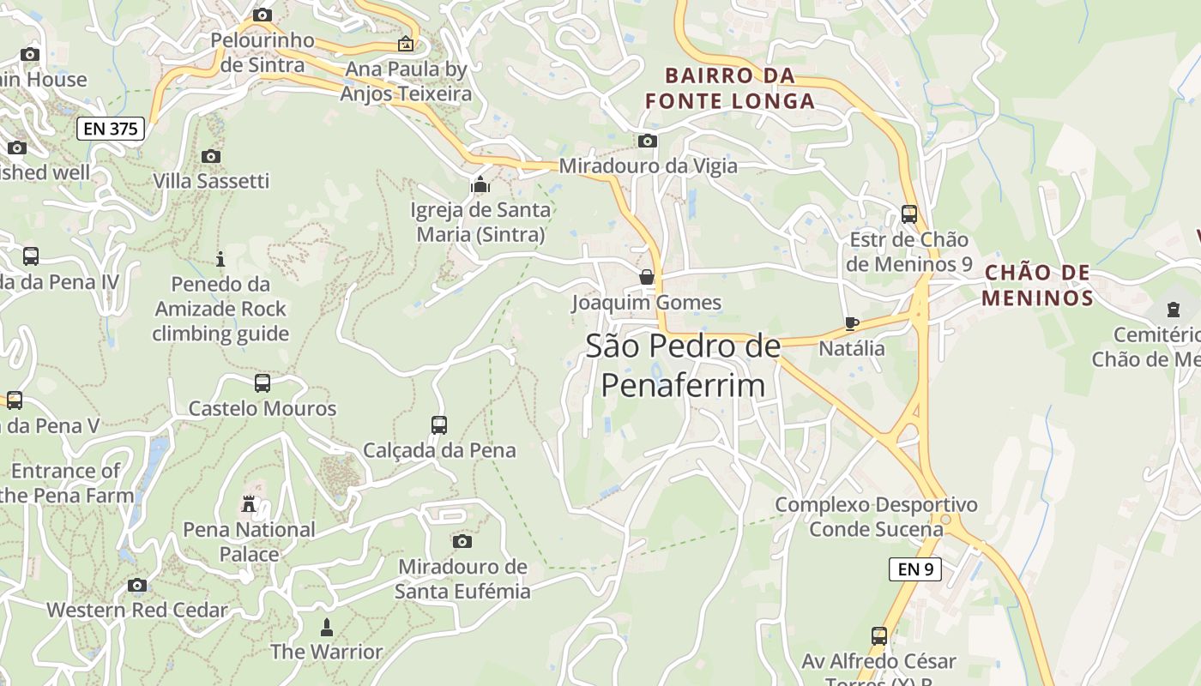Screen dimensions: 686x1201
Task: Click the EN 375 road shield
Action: (x=111, y=129)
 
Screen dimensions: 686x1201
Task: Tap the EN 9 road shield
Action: (x=915, y=569)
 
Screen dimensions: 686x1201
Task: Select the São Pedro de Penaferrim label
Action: (x=683, y=365)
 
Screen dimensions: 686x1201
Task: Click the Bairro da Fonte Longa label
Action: (x=730, y=88)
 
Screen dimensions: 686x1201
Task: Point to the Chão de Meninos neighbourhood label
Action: (x=1038, y=286)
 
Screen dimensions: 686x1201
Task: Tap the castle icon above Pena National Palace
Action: (x=249, y=504)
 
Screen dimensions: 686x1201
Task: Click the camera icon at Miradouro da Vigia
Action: (x=648, y=141)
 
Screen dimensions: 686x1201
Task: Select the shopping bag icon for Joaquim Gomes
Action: (x=647, y=277)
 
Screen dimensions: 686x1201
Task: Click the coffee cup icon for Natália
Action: (x=851, y=323)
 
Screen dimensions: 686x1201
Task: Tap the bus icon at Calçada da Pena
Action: (x=439, y=424)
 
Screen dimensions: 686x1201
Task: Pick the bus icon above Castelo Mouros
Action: (x=263, y=382)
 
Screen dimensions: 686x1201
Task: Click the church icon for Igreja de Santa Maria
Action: (x=480, y=184)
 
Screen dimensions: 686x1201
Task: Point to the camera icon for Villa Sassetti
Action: (x=211, y=156)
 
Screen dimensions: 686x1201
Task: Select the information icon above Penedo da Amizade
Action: (x=220, y=258)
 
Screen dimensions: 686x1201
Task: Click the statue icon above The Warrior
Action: (x=326, y=627)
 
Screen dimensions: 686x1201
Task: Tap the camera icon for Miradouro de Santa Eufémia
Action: (x=462, y=541)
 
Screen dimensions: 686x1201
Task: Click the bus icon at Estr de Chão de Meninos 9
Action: (x=909, y=214)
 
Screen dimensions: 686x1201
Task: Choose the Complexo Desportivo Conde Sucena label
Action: (x=876, y=516)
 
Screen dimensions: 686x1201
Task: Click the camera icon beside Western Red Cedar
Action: (x=137, y=586)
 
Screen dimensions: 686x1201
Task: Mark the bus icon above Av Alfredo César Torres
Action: (x=879, y=635)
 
